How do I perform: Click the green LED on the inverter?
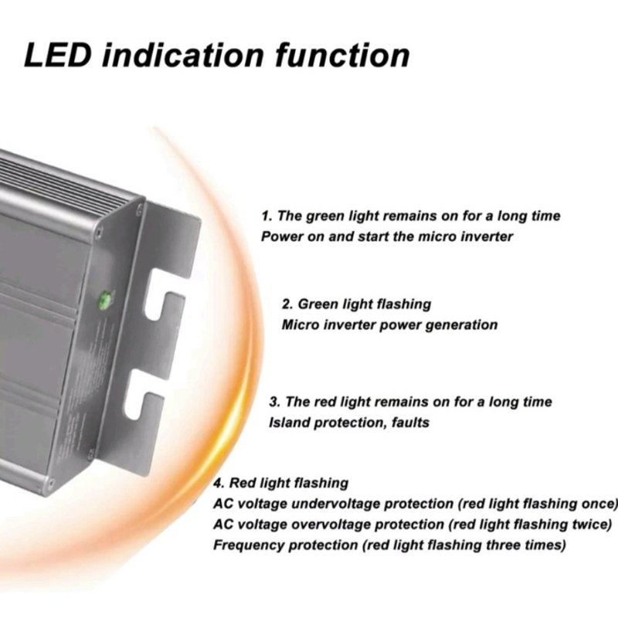[x=105, y=300]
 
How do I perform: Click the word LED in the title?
[x=58, y=55]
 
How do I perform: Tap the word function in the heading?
[x=342, y=55]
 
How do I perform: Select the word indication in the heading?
[x=183, y=55]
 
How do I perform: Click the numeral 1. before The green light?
[x=267, y=216]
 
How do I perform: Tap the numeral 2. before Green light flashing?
[x=287, y=304]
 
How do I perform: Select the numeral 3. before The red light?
[x=275, y=402]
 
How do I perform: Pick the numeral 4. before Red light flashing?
[x=219, y=484]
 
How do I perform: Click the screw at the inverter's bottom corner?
[x=49, y=482]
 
